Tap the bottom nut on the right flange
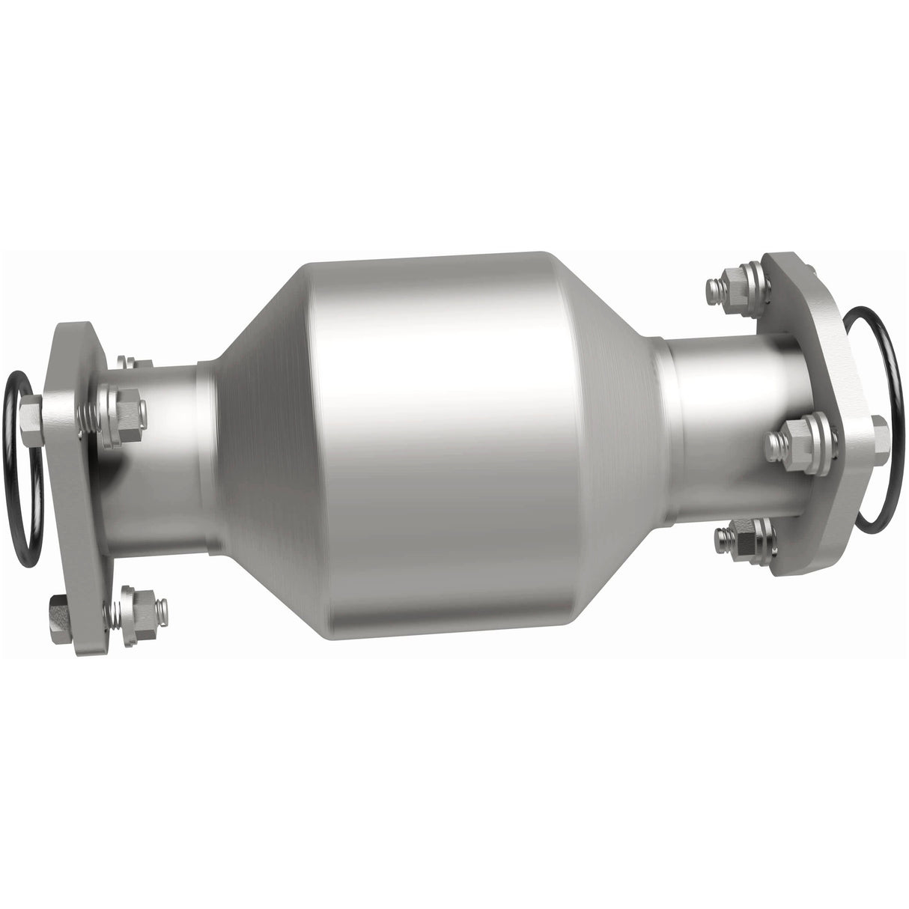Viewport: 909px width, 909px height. click(x=746, y=538)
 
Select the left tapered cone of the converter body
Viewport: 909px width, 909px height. click(x=255, y=442)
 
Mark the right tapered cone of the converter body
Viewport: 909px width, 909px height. click(x=614, y=442)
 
